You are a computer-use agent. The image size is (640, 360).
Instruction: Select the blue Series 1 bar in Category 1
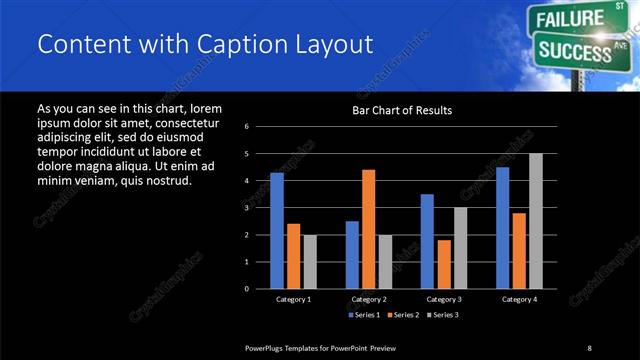pos(277,230)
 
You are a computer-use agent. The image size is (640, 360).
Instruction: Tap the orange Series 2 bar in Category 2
pos(369,228)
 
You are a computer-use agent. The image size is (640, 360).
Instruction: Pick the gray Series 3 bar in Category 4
pos(536,220)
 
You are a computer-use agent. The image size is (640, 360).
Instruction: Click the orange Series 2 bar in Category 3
pos(444,263)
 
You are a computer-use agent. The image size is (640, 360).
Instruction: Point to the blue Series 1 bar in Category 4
pos(502,227)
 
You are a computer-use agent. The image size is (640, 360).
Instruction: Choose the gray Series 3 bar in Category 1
pos(310,261)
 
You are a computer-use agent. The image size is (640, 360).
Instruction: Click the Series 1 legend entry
pos(364,315)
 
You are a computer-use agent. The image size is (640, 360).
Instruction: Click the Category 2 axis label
pos(369,299)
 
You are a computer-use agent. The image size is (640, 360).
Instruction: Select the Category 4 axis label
pos(519,299)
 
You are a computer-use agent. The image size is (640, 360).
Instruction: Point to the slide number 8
pos(589,347)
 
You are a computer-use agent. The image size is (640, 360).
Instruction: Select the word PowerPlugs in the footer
pos(267,347)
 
